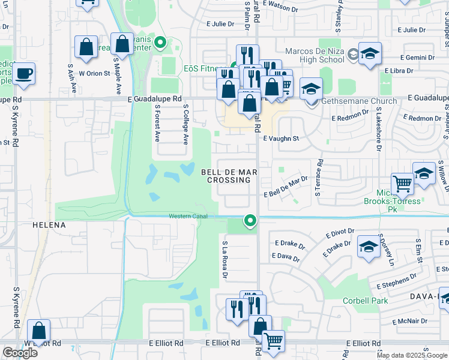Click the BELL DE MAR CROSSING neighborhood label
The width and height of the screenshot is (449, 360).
point(229,176)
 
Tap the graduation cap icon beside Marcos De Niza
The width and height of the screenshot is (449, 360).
point(370,53)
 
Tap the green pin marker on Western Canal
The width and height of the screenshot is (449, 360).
point(251,221)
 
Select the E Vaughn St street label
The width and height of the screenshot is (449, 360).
point(281,138)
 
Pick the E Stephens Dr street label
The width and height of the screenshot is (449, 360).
point(397,280)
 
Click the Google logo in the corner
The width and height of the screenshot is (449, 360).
point(20,353)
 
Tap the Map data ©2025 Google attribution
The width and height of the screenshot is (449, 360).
point(412,355)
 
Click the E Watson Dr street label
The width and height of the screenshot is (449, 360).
point(280,9)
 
